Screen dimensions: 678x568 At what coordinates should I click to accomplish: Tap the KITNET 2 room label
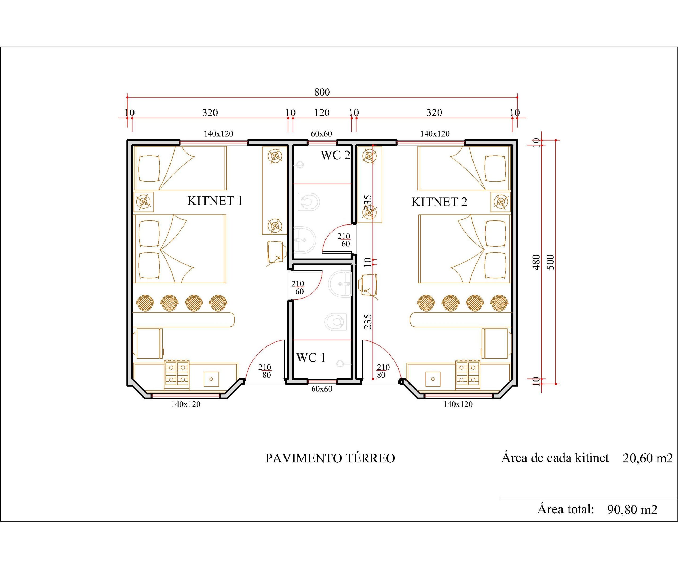(439, 202)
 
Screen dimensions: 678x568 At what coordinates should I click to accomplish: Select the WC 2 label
(335, 155)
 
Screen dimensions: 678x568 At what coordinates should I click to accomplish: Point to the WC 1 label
(311, 358)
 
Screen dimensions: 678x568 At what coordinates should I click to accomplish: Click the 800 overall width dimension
(322, 92)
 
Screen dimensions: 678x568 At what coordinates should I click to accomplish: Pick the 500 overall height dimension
(551, 262)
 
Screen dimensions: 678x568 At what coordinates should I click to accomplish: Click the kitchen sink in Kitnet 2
(433, 379)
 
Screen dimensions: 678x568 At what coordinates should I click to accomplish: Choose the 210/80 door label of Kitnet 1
(265, 371)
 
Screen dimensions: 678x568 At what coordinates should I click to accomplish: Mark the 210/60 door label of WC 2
(344, 240)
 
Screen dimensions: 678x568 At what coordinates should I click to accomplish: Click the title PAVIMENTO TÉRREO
(330, 458)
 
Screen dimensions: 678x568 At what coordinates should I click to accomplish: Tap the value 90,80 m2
(632, 509)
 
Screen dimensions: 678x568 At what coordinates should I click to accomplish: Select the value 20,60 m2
(647, 458)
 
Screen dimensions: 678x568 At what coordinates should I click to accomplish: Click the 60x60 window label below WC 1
(322, 389)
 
